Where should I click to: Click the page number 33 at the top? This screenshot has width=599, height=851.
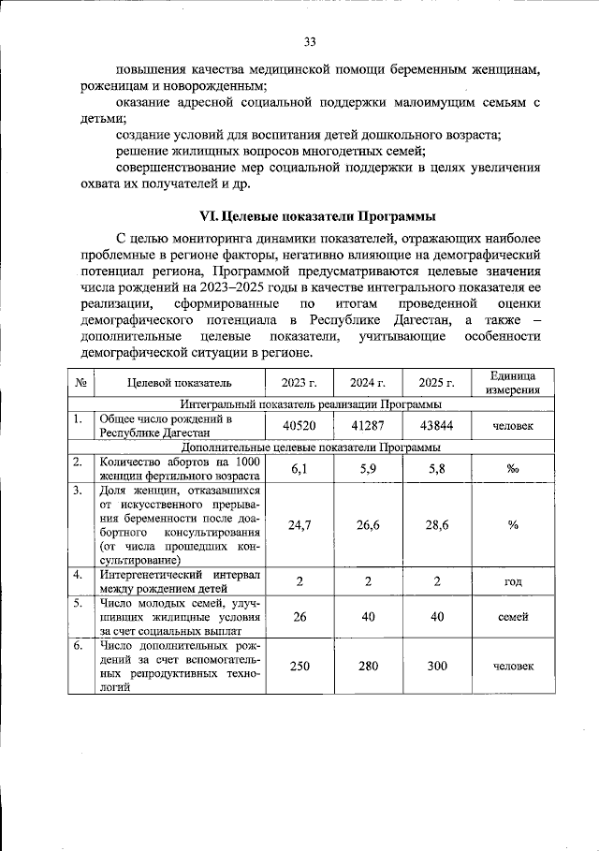(x=310, y=41)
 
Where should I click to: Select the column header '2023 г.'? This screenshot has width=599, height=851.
(x=299, y=382)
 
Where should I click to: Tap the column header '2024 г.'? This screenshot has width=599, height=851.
(x=368, y=382)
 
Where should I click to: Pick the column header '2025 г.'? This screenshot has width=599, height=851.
(x=436, y=382)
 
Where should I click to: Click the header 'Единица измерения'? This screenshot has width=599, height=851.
(x=512, y=382)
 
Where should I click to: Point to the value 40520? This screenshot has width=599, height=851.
(x=299, y=426)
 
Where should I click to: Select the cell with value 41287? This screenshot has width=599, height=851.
(x=368, y=426)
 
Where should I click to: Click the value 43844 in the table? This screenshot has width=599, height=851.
(x=436, y=426)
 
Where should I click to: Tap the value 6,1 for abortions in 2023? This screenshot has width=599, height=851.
(x=299, y=468)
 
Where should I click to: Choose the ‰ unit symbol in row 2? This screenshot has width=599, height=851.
(x=512, y=469)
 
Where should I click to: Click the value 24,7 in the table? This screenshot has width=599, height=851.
(x=299, y=525)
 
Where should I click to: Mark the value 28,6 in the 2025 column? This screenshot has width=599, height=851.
(x=436, y=525)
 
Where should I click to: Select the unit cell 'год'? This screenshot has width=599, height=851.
(x=512, y=581)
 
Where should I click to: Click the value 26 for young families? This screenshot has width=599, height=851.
(x=299, y=617)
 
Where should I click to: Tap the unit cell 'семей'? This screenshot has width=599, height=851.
(x=512, y=617)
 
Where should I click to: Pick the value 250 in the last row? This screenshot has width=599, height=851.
(x=299, y=666)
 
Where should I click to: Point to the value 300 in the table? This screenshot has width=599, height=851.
(x=436, y=666)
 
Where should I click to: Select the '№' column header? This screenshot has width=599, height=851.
(x=80, y=382)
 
